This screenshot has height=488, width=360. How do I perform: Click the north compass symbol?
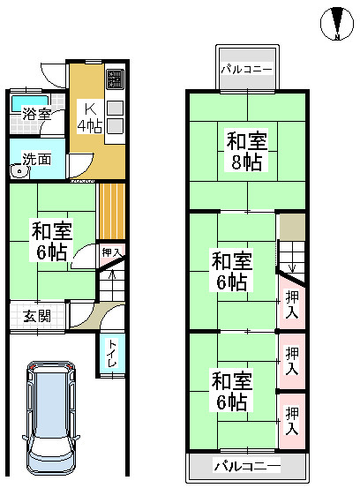click(x=337, y=24)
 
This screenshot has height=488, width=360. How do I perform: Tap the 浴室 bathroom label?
click(x=36, y=114)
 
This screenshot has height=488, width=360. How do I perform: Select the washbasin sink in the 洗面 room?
click(x=19, y=171)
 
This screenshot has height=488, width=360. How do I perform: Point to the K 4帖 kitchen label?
click(x=90, y=117)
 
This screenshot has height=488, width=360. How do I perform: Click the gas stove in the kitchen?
click(x=115, y=79)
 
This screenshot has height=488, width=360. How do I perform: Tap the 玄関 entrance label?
click(x=37, y=317)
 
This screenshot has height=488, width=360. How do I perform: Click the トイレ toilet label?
click(x=112, y=353)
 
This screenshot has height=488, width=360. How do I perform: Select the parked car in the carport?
click(x=50, y=417)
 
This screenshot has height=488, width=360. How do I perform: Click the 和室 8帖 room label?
click(x=246, y=151)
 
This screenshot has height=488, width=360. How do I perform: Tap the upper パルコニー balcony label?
click(x=246, y=69)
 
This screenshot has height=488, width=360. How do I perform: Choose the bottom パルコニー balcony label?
click(x=246, y=466)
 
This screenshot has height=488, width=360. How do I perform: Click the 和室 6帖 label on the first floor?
click(x=51, y=240)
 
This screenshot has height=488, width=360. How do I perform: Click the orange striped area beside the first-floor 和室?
click(x=112, y=211)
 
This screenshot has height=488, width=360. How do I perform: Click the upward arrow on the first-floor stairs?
click(x=112, y=274)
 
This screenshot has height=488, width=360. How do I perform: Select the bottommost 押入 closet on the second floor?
click(x=292, y=421)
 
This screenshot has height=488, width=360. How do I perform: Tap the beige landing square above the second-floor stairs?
click(x=292, y=227)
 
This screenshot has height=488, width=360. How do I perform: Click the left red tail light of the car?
click(x=32, y=367)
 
